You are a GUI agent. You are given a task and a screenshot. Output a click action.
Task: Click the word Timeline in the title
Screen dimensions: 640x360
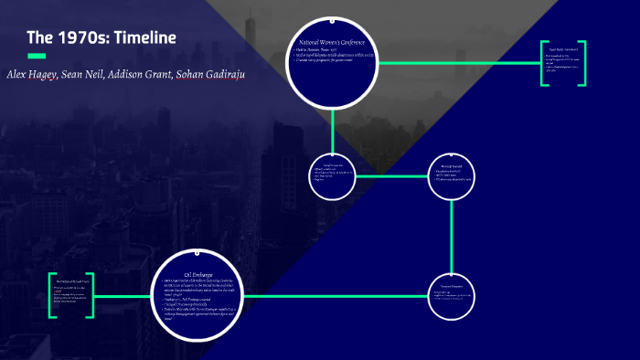click(x=138, y=37)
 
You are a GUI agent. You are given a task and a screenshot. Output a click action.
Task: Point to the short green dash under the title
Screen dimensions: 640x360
click(x=37, y=57)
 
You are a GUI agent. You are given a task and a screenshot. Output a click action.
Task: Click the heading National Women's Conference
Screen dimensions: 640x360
click(x=333, y=43)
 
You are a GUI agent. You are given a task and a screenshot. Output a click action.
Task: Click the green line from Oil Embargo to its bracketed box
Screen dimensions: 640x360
click(x=123, y=296)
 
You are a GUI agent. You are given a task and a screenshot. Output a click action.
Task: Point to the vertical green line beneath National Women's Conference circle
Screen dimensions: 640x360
click(x=333, y=127)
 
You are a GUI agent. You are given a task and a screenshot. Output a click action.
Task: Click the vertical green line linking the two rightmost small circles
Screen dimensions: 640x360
click(x=453, y=228)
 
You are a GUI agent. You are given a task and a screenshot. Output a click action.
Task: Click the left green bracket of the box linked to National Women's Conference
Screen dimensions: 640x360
click(x=543, y=63)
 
